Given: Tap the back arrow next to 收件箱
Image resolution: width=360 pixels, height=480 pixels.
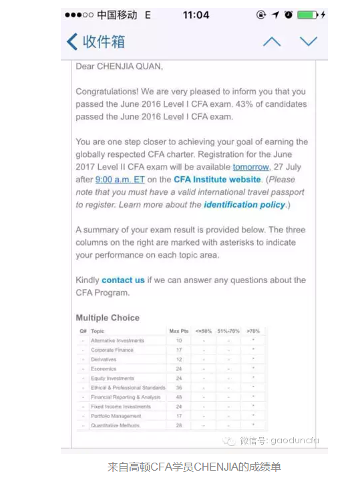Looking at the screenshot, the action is [72, 41].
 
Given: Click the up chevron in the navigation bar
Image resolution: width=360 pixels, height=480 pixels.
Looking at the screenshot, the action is [272, 41].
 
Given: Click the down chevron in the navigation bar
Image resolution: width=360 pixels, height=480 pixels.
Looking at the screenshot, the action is [309, 41].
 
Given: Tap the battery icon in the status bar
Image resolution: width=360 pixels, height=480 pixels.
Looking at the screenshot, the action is [307, 15].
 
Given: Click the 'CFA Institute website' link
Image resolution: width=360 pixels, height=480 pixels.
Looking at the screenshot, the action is [217, 180].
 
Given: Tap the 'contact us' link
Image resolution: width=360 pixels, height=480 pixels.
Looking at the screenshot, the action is [123, 280].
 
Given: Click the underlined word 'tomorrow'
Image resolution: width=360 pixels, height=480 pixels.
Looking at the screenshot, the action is [250, 167].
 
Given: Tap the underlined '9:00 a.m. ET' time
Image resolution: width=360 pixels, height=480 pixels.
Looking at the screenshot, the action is [120, 180].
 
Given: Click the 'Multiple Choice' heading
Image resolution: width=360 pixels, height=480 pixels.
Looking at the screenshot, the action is [108, 318].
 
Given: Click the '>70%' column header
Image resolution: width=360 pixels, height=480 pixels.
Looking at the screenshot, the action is [253, 331].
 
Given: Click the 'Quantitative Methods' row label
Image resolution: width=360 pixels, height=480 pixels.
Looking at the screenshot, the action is [116, 425].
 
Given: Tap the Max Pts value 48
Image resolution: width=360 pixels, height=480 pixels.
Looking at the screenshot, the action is [179, 397].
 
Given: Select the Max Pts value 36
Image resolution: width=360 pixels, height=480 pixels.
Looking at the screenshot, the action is [179, 387].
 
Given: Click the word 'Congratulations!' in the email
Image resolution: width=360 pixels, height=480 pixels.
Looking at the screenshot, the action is [108, 91].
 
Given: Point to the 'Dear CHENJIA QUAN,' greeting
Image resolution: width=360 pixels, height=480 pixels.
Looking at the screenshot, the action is [119, 66].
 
